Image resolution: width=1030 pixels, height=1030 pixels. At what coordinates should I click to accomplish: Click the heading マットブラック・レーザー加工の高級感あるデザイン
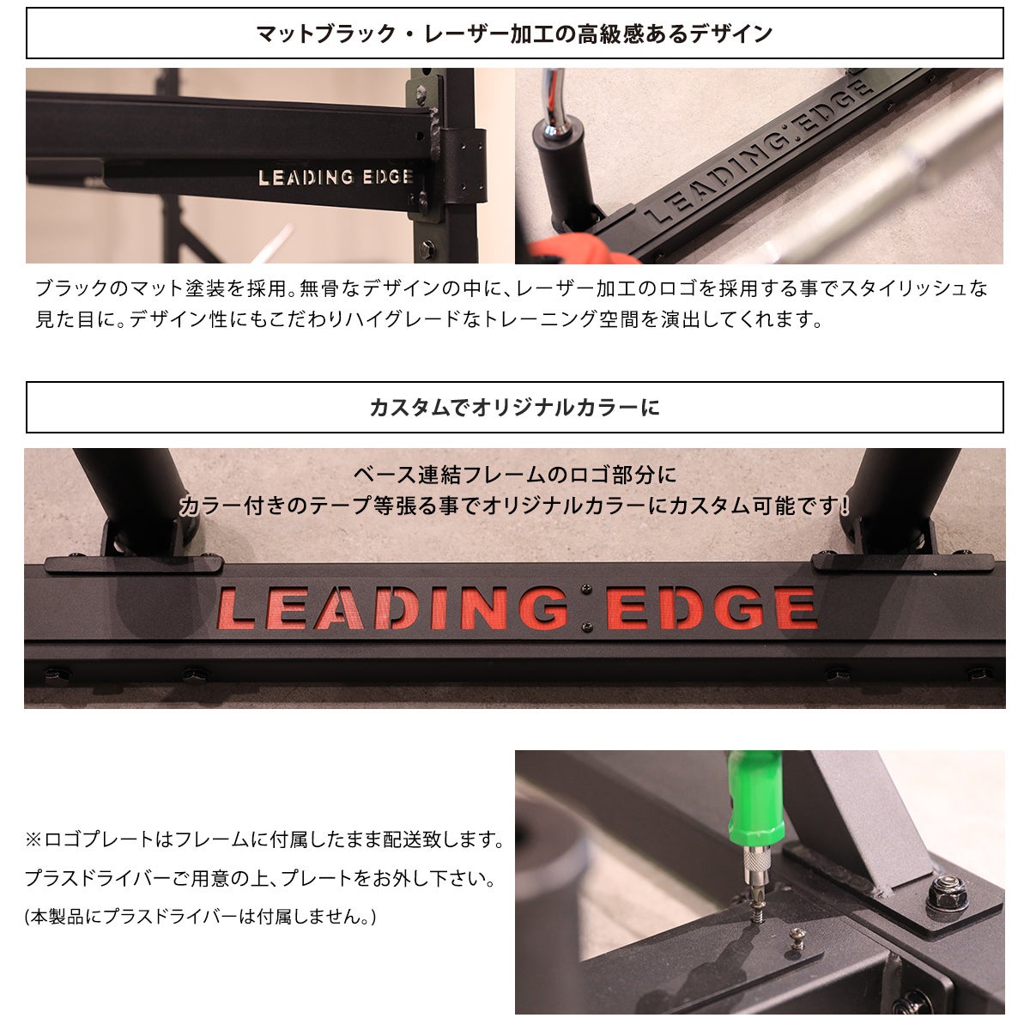[515, 33]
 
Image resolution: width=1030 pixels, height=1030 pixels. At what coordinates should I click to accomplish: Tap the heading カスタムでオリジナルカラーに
[515, 408]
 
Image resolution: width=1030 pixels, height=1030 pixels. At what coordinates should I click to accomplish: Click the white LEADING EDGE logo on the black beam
[336, 177]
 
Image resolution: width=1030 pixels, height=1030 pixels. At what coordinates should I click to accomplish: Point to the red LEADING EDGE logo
[517, 608]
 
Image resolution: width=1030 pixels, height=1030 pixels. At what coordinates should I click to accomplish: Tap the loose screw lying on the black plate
[797, 939]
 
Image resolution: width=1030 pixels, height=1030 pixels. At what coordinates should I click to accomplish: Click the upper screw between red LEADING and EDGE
[586, 590]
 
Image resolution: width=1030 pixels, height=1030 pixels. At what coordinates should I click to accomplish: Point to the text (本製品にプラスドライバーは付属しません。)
[201, 918]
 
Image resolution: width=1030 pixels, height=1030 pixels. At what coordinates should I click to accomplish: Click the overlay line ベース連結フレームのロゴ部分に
[515, 475]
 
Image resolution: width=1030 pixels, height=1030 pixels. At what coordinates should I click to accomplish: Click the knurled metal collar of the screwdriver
[754, 859]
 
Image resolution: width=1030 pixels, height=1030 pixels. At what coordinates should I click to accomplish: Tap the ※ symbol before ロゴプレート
[34, 839]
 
